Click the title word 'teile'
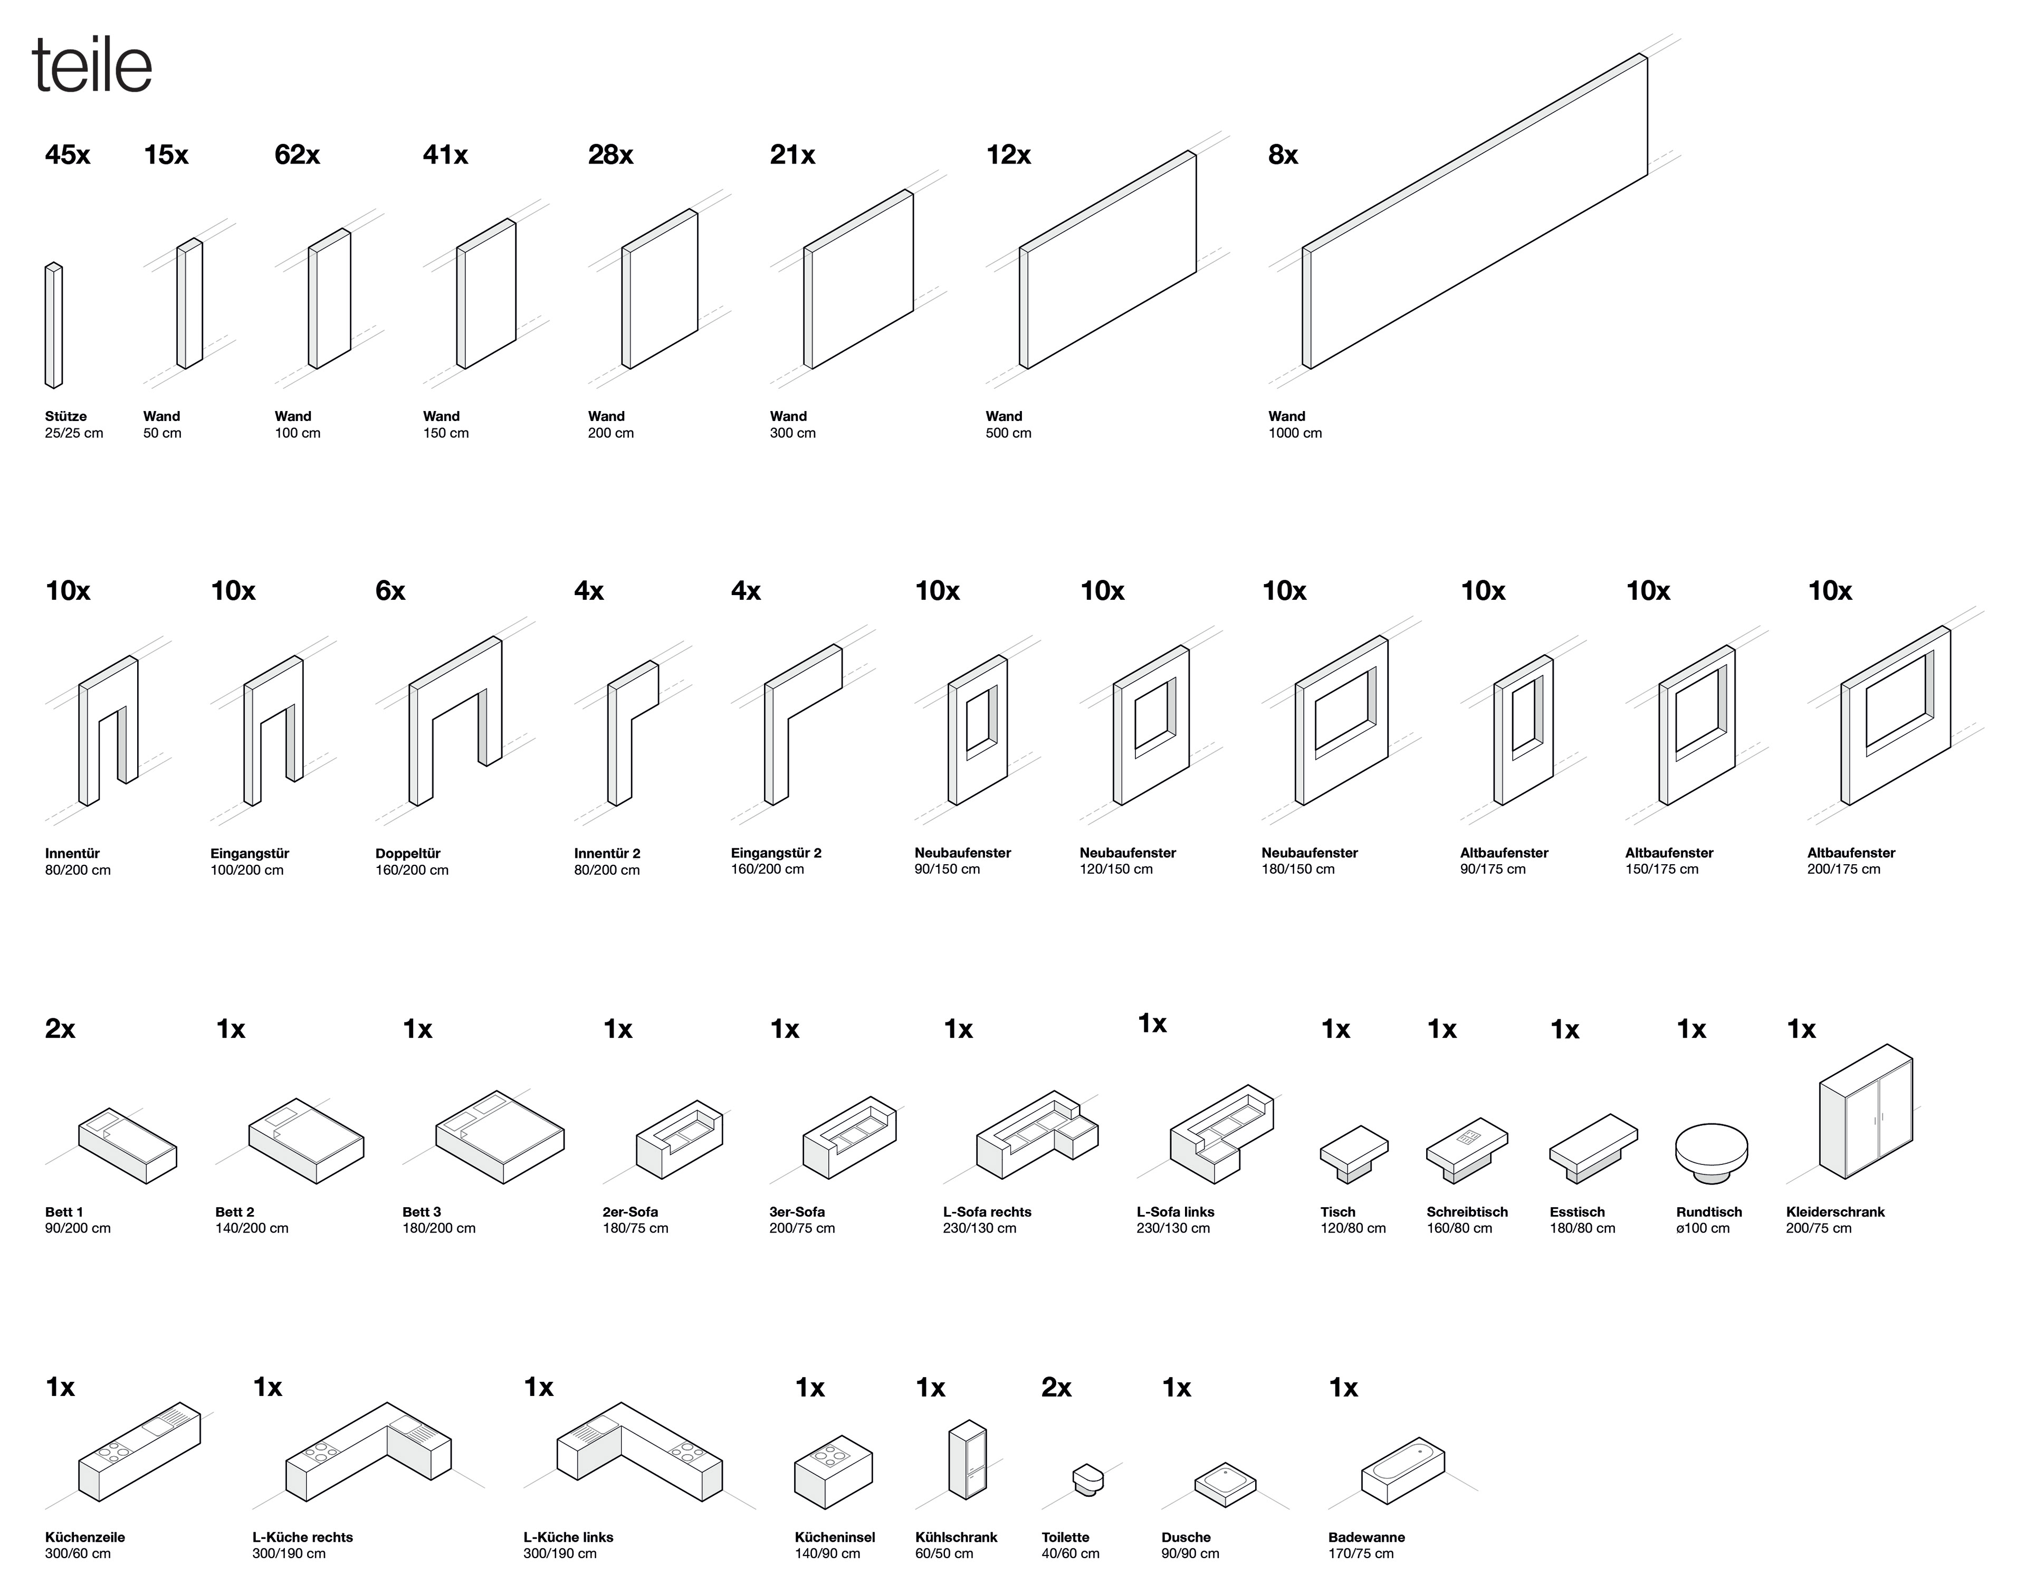click(x=92, y=65)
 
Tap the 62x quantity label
click(x=297, y=155)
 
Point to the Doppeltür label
click(x=407, y=853)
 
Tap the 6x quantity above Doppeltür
click(x=390, y=591)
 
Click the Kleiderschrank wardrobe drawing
click(x=1865, y=1112)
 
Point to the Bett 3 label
click(x=422, y=1212)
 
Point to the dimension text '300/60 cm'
click(x=78, y=1554)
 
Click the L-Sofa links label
click(x=1174, y=1212)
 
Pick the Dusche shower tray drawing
click(x=1224, y=1484)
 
